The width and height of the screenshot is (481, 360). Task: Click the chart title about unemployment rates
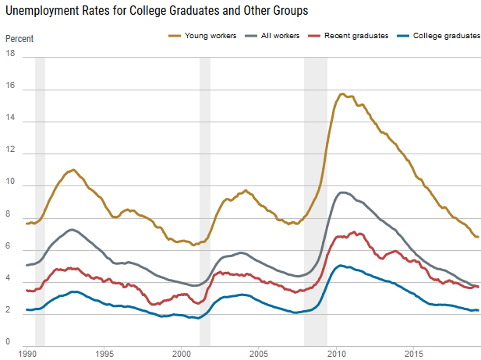[156, 12]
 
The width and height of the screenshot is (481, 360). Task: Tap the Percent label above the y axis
[19, 38]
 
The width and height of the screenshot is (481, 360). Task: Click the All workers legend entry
[278, 36]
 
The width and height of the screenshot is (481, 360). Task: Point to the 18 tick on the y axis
[10, 54]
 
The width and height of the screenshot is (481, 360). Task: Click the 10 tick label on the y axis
[10, 183]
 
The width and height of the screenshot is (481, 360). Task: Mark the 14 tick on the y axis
[10, 122]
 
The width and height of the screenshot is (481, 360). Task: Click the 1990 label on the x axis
[28, 353]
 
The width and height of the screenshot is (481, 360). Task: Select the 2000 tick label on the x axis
[182, 353]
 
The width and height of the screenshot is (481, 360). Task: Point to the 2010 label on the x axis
[336, 353]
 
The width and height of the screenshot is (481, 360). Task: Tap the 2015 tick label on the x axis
[413, 353]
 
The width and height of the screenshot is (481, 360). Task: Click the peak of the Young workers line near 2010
[342, 94]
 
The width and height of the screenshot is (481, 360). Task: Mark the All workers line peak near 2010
[342, 192]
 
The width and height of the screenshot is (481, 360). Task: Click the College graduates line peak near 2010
[340, 266]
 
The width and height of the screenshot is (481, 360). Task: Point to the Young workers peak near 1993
[73, 169]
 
